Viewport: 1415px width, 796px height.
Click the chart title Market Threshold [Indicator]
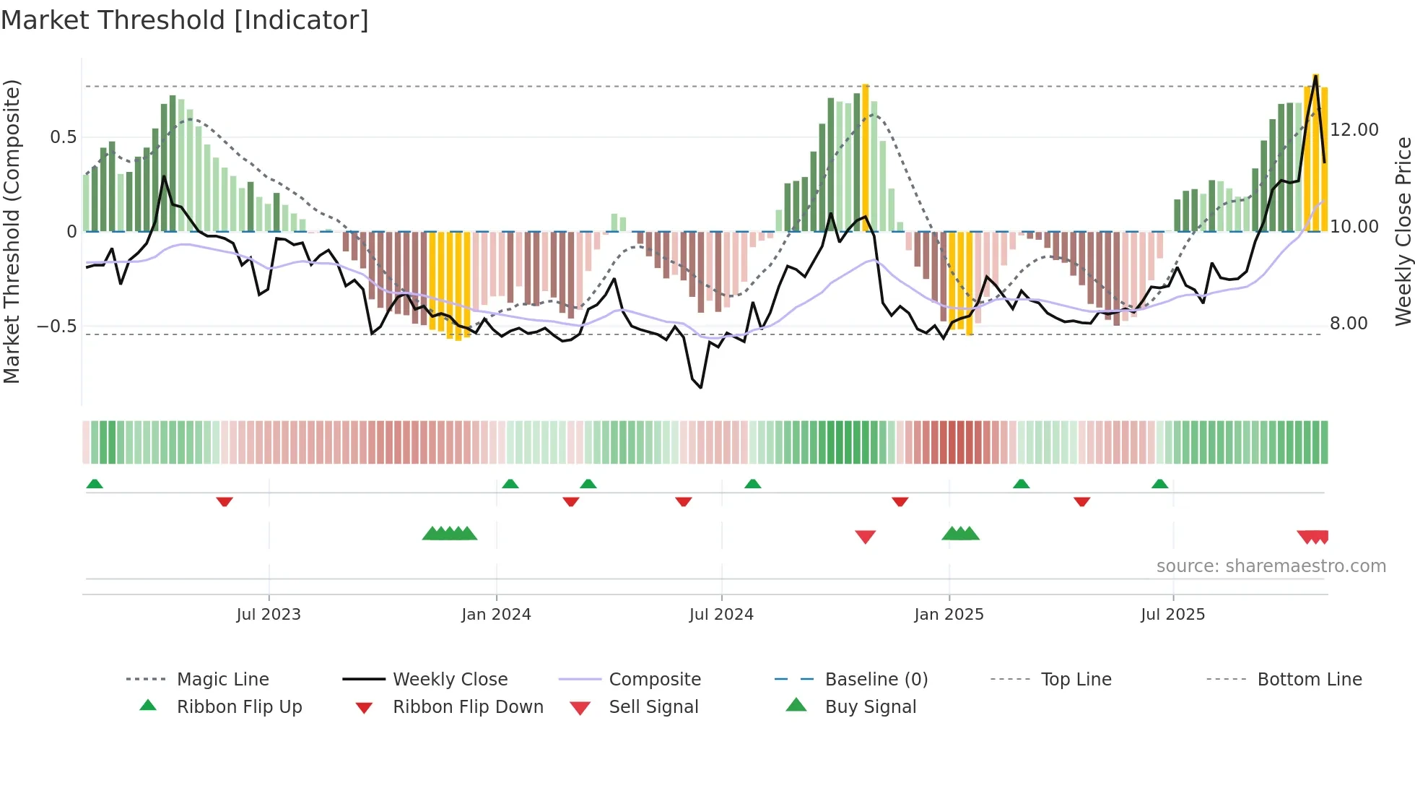click(185, 20)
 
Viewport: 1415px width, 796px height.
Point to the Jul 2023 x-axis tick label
click(268, 615)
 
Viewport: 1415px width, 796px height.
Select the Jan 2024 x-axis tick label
click(496, 615)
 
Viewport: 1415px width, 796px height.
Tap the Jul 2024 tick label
click(721, 615)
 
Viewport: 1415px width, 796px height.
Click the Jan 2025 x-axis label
click(949, 615)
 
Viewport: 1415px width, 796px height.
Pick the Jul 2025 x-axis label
click(1172, 615)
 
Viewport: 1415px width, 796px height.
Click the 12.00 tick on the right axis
click(1354, 130)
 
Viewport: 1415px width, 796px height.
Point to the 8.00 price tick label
click(1349, 324)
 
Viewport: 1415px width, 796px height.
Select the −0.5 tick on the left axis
click(56, 326)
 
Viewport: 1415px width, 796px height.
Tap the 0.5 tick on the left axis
click(63, 137)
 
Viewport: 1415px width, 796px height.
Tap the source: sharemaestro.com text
click(1271, 566)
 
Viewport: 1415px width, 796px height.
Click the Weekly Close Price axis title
click(1403, 231)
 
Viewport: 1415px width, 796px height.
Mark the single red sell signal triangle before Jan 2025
click(865, 537)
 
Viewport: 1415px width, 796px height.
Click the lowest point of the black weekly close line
click(700, 388)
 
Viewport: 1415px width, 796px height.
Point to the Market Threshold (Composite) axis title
click(12, 231)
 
